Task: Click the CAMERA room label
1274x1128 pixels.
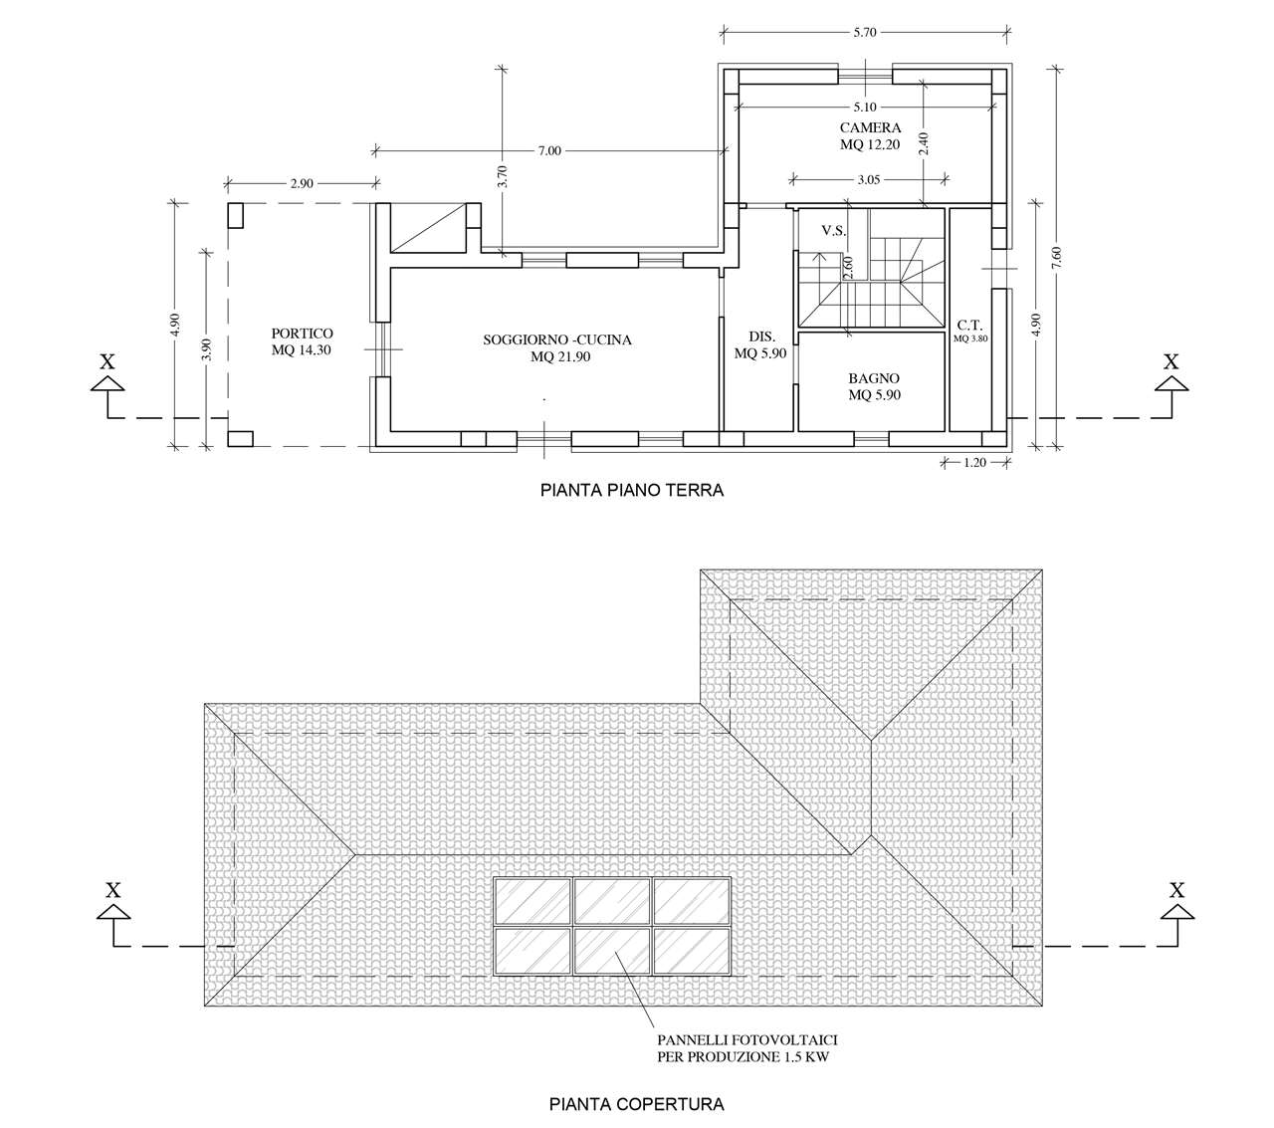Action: [x=870, y=127]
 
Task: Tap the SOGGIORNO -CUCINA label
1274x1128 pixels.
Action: [x=557, y=339]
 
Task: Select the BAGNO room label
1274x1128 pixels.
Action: [x=874, y=378]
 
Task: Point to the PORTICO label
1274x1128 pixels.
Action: [x=302, y=334]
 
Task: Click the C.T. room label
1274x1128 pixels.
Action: [x=969, y=326]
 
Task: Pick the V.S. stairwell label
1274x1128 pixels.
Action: [x=833, y=231]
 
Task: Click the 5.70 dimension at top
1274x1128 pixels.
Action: [x=865, y=33]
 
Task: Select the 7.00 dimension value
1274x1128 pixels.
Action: [x=549, y=151]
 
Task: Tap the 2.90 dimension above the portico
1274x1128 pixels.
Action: [x=302, y=184]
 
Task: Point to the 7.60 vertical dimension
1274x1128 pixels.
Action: [x=1056, y=257]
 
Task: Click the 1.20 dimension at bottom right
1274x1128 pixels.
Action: [x=974, y=463]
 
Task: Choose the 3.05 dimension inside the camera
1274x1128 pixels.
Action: [x=868, y=180]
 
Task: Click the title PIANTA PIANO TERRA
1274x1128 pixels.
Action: [x=632, y=490]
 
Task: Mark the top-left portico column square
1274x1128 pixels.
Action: [x=235, y=215]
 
